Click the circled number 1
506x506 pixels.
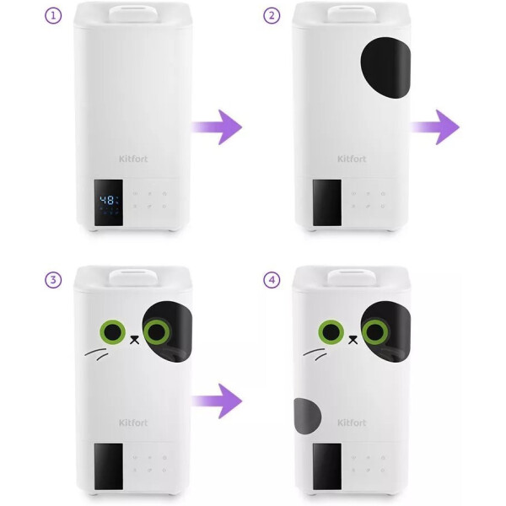pos(53,16)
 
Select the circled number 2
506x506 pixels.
pos(272,16)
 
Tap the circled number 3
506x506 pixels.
pos(53,280)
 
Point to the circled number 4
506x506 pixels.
pos(272,280)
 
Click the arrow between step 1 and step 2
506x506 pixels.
pos(217,127)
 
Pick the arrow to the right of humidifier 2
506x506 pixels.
pos(435,127)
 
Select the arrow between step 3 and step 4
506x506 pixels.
pos(217,401)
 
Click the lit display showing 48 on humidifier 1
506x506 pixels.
pos(109,202)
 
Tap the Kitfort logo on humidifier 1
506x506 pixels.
pos(133,159)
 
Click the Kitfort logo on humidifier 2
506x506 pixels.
pos(352,159)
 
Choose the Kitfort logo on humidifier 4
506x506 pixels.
pos(352,423)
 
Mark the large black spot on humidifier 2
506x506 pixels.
pos(385,67)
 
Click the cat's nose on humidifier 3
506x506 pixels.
pos(135,340)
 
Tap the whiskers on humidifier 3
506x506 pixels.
pos(97,354)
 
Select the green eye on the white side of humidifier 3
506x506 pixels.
pos(113,332)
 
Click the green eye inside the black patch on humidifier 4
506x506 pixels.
pos(375,332)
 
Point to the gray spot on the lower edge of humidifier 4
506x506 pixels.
pos(307,416)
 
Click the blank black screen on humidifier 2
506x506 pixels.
pos(327,202)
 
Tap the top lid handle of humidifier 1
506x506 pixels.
pos(133,13)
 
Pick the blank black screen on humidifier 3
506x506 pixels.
pos(109,466)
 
